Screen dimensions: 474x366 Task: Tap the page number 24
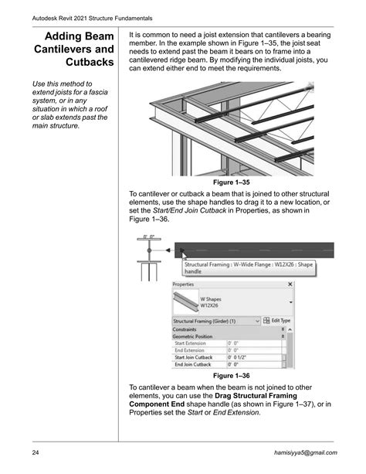[x=36, y=451]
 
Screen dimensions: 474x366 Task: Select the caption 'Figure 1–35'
[x=233, y=182]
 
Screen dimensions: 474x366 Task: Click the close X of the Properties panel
[x=290, y=284]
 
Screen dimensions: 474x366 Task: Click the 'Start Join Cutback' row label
[x=195, y=357]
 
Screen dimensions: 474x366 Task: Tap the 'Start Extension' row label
[x=192, y=343]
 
